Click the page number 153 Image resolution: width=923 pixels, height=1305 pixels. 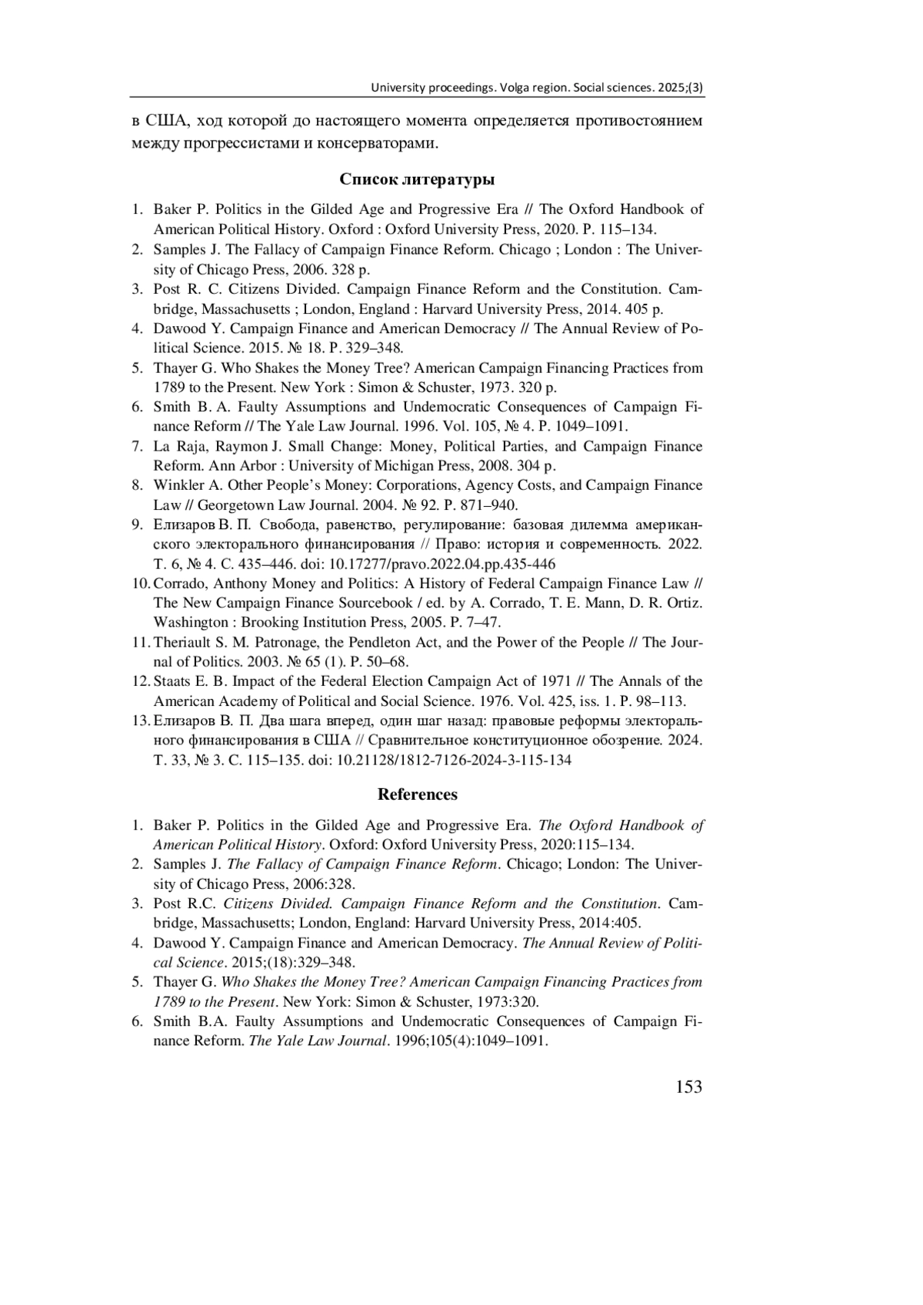coord(688,1087)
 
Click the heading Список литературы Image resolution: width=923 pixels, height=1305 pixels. coord(417,180)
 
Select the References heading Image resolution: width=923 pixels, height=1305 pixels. coord(417,794)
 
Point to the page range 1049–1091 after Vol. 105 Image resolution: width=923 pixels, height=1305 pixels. coord(585,427)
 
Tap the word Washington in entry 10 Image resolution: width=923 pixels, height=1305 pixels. coord(190,622)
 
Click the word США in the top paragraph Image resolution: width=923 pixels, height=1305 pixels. coord(165,122)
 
